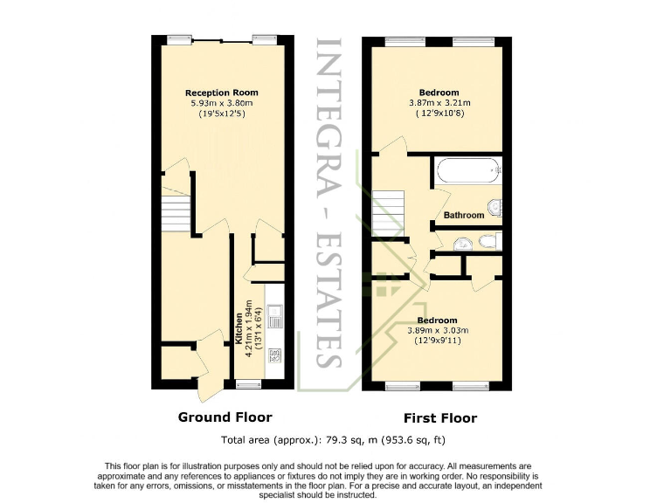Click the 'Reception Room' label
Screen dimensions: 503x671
(221, 93)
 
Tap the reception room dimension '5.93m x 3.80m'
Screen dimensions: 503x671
(221, 103)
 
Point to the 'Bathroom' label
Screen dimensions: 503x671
(463, 215)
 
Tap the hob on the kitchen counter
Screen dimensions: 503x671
(274, 354)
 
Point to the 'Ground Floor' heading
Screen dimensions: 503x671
(225, 417)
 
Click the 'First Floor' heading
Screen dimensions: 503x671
(440, 417)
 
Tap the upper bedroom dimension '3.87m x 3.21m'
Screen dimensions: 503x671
(439, 103)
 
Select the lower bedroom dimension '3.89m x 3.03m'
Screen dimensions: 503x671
(439, 330)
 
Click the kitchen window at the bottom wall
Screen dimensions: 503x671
(249, 384)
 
